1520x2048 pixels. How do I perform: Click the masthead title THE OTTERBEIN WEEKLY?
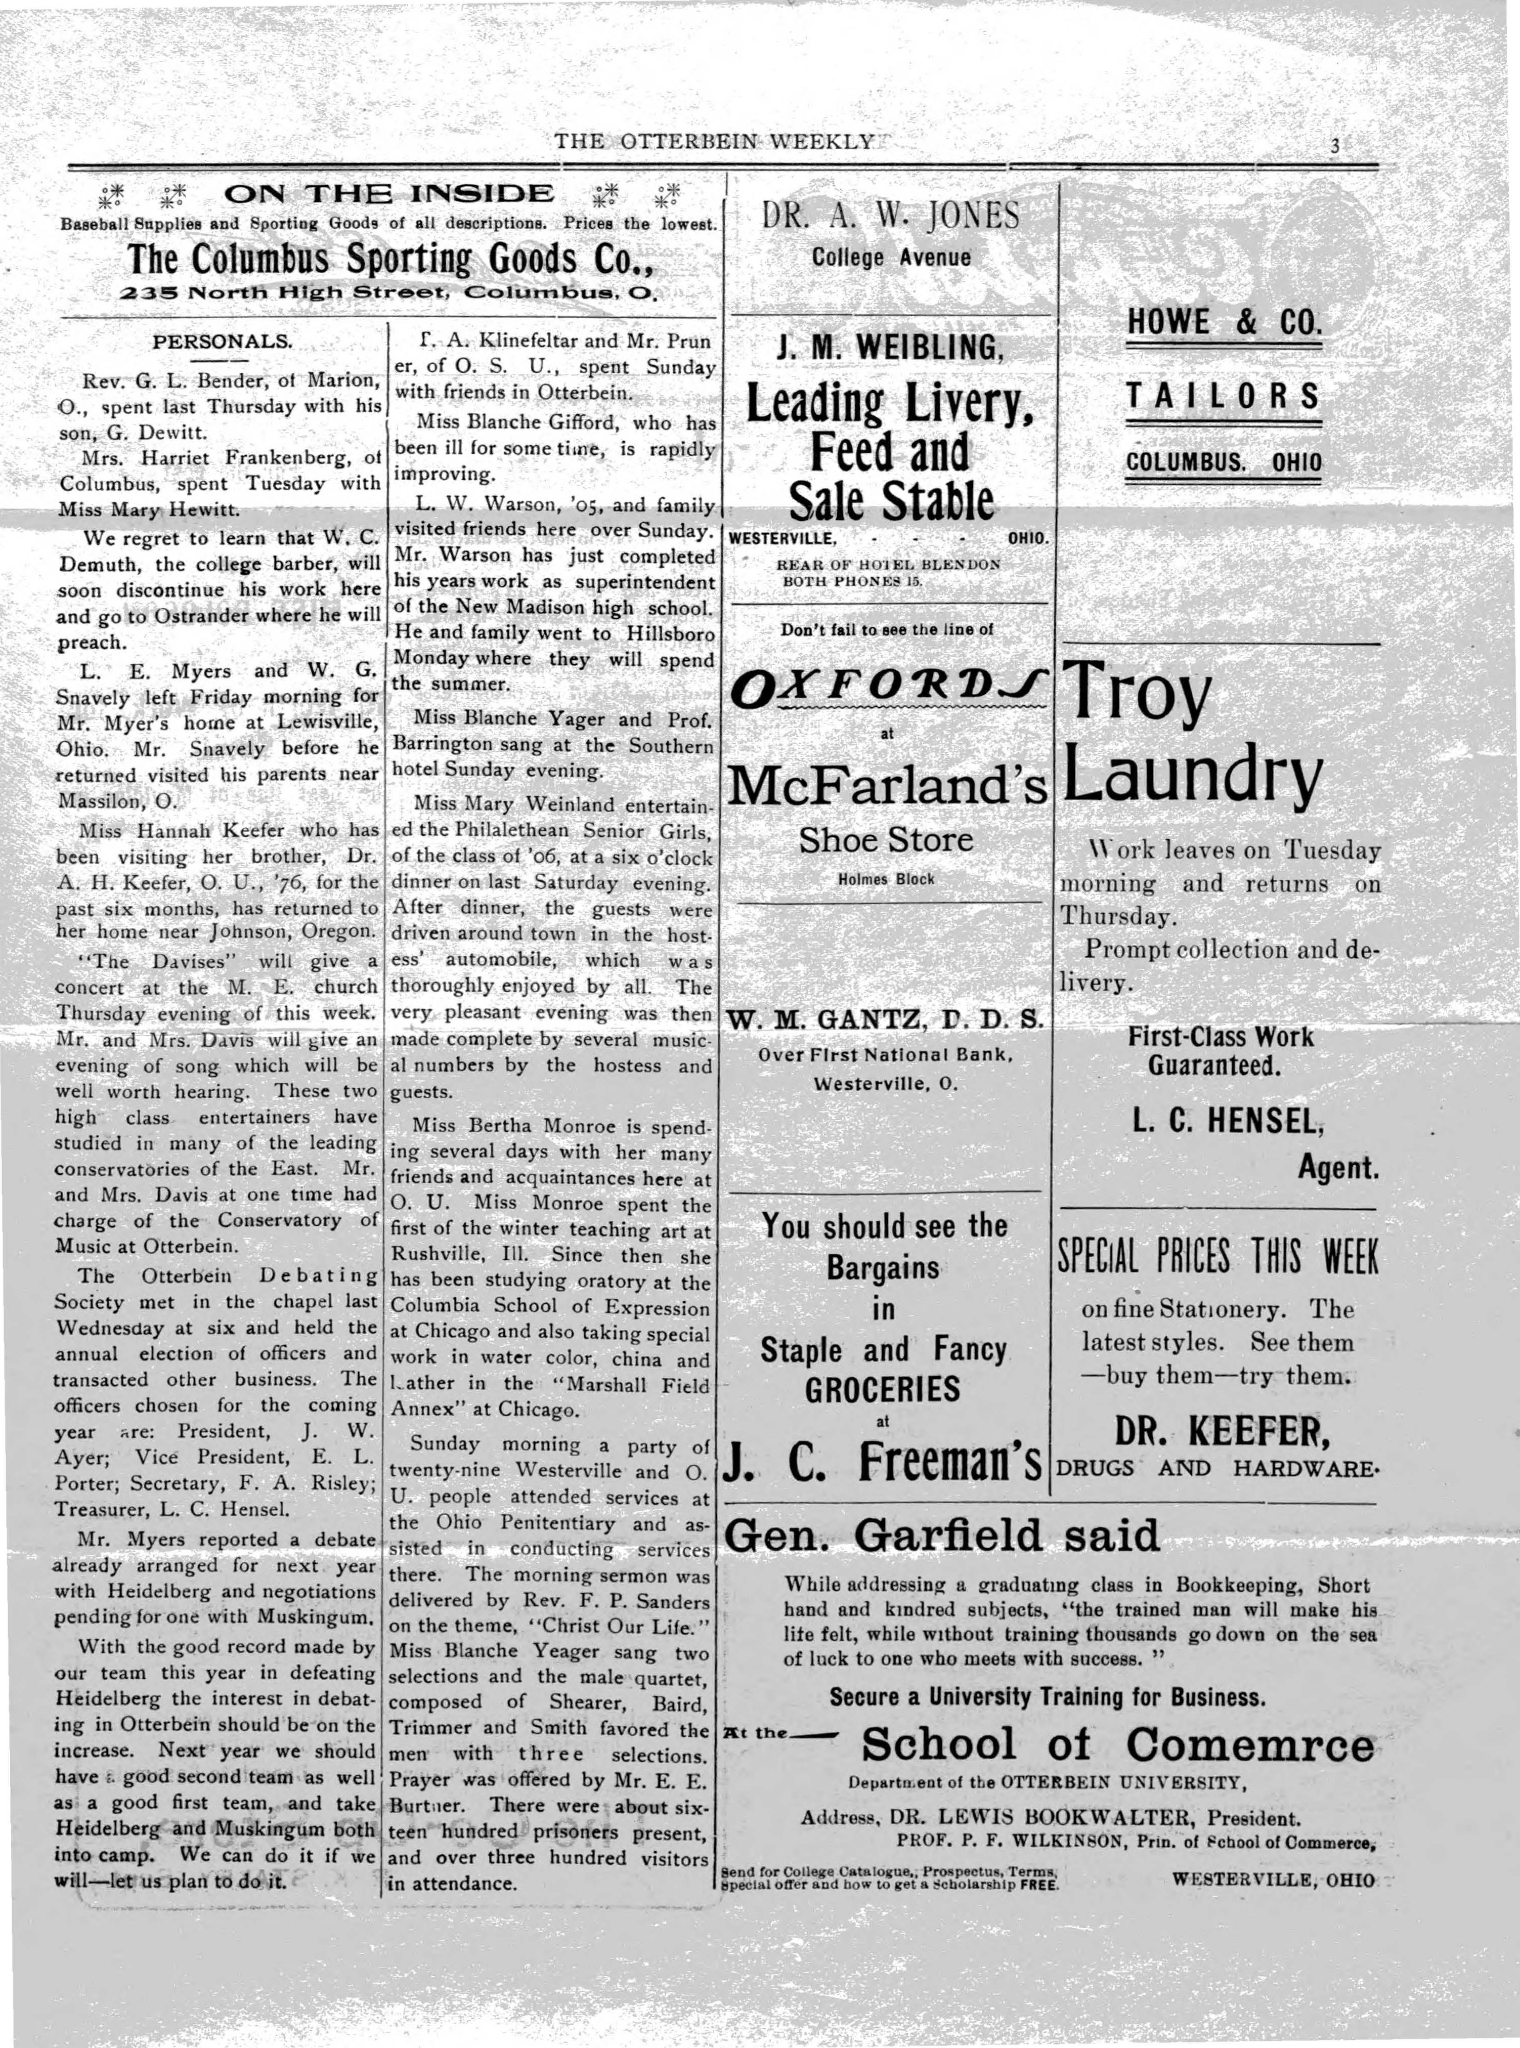[713, 141]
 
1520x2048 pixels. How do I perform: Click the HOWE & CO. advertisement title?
[1224, 322]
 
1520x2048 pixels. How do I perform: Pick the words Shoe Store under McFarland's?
[885, 839]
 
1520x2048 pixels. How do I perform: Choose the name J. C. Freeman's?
[883, 1463]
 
